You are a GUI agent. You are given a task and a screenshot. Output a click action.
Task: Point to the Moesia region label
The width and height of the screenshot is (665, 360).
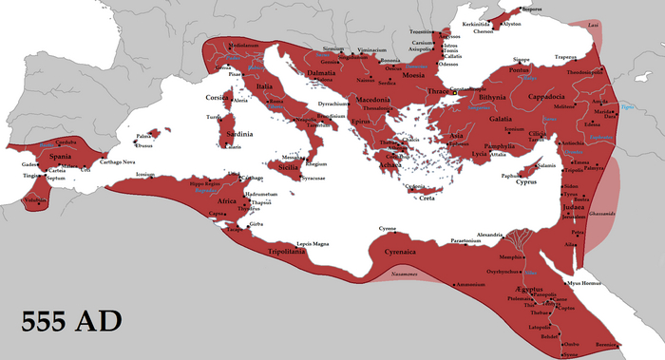coord(414,73)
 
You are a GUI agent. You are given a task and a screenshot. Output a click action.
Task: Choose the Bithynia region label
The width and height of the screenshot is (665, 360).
coord(492,96)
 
